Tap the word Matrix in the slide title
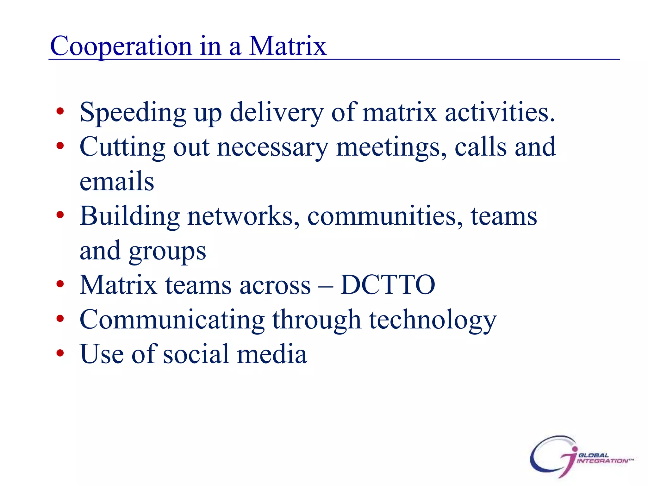[x=287, y=46]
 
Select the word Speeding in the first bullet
[x=133, y=113]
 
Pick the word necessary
[x=273, y=147]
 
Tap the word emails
[x=117, y=182]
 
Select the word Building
[x=130, y=216]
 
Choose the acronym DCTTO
[x=388, y=285]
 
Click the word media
[x=272, y=354]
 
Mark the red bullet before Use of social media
[x=60, y=353]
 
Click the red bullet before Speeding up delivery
[x=60, y=111]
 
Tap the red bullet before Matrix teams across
[x=60, y=284]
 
